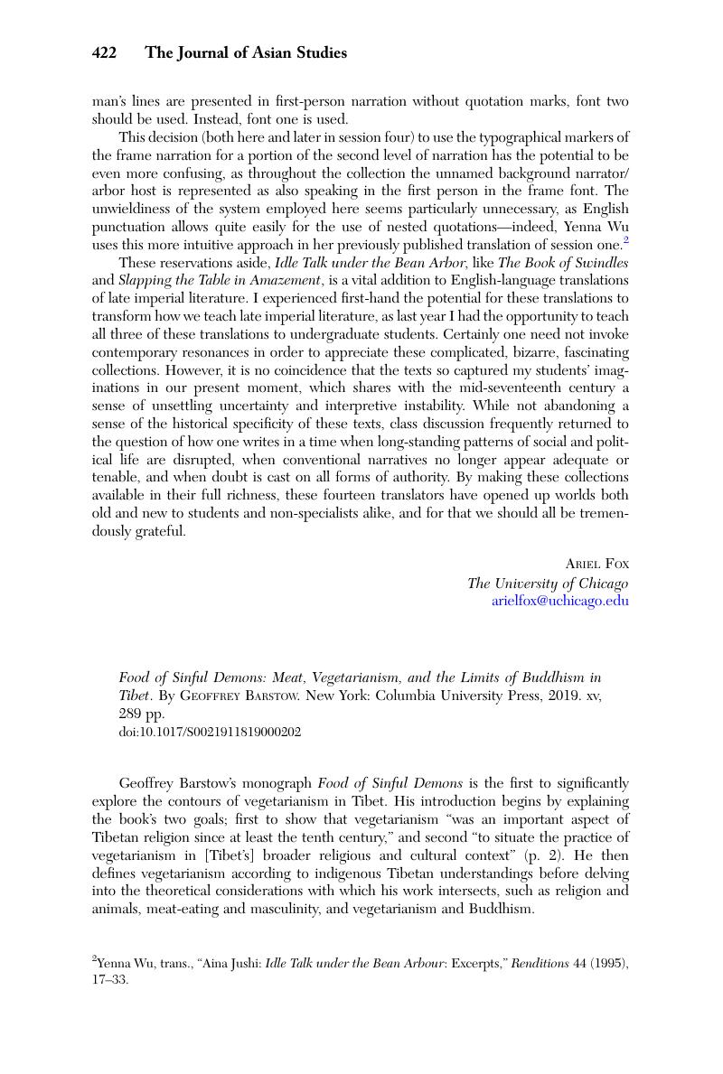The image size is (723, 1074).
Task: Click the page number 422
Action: (x=104, y=53)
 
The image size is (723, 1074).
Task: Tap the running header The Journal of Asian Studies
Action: (x=246, y=53)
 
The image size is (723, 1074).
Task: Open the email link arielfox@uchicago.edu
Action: (x=559, y=601)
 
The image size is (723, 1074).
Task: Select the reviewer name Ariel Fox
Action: (x=596, y=564)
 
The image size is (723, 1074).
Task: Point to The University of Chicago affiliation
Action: (x=548, y=583)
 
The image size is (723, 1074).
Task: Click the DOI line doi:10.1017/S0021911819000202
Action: (x=210, y=732)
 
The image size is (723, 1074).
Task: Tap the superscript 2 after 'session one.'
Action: (x=625, y=240)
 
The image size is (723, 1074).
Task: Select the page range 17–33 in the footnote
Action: (x=109, y=979)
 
